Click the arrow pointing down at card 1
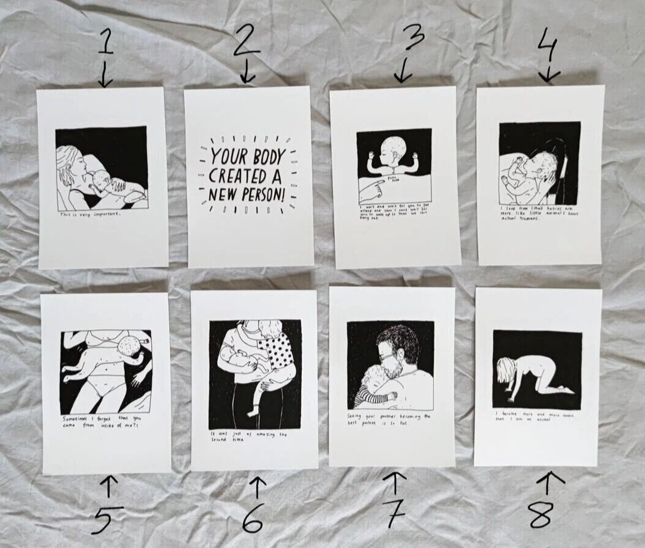[105, 78]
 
